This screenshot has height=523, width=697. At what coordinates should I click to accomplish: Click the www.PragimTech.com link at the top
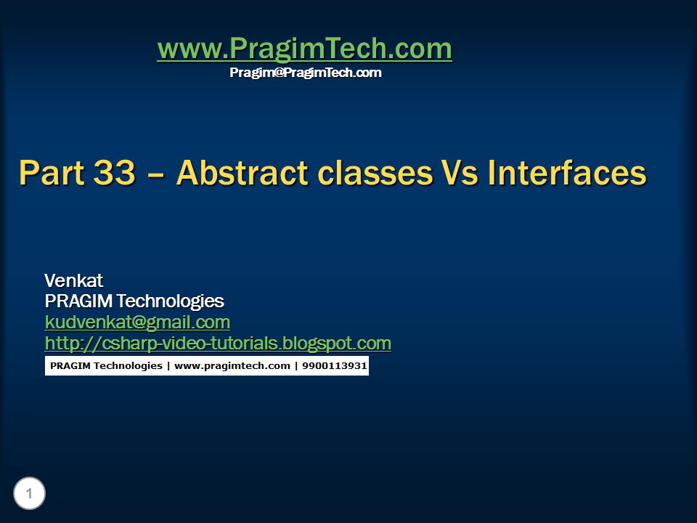pos(304,49)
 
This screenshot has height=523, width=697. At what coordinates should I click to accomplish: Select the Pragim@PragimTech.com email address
pos(306,73)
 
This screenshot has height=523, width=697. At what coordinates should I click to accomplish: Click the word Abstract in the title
pos(242,173)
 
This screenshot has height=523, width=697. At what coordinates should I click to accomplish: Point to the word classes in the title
pos(375,173)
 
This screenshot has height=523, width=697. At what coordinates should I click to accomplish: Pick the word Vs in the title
pos(460,173)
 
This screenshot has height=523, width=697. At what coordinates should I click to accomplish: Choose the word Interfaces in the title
pos(567,173)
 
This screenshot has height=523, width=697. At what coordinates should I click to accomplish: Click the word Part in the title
pos(52,173)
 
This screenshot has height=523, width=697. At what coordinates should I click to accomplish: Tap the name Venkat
pos(74,280)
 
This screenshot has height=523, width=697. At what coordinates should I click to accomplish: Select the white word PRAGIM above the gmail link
pos(78,301)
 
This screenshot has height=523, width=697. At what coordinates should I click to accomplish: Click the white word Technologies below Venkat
pos(170,301)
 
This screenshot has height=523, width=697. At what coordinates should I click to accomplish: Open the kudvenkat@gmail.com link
pos(137,322)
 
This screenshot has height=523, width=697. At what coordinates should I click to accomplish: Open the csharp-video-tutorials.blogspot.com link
pos(218,344)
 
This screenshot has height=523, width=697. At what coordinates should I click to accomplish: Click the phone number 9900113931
pos(334,365)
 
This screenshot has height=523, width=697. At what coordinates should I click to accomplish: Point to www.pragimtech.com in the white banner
pos(232,366)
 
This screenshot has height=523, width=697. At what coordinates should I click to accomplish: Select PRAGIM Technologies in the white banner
pos(106,366)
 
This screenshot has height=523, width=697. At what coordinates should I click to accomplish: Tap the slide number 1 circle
pos(29,493)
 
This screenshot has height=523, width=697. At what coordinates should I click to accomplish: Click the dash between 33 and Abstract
pos(155,175)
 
